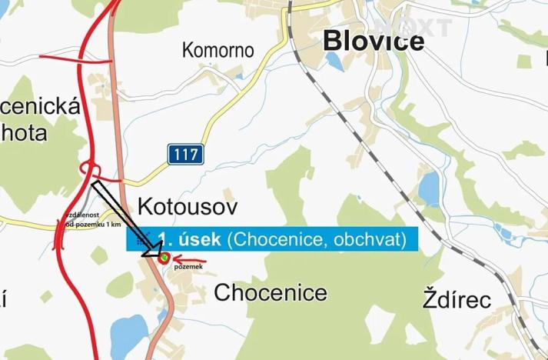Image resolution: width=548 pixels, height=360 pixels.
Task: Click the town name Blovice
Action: (374, 40)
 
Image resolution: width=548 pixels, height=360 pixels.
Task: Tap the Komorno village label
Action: (218, 51)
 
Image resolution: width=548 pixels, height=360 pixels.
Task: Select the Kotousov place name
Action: (188, 206)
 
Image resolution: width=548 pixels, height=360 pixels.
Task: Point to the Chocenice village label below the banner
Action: (270, 293)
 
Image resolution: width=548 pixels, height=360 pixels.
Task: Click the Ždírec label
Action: (457, 298)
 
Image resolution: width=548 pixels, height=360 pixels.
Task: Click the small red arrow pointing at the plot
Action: (184, 257)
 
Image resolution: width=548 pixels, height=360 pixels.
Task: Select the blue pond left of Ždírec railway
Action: (428, 185)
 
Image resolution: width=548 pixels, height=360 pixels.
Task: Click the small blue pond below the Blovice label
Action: (332, 61)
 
